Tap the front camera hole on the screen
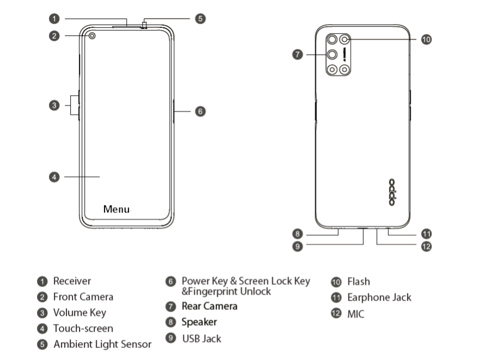pos(92,36)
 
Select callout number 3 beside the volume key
pos(53,105)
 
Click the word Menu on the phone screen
pos(116,209)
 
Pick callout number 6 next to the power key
pos(200,111)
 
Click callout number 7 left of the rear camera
pos(297,54)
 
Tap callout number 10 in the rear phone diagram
pos(427,39)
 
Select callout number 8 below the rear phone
pos(297,234)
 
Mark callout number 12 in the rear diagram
pos(427,246)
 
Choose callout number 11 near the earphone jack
pos(427,234)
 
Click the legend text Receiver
pos(72,281)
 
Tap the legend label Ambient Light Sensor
pos(102,344)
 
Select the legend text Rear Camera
pos(210,306)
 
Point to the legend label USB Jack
pos(201,338)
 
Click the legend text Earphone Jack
pos(379,297)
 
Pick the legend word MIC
pos(355,314)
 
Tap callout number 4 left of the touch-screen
pos(53,177)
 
